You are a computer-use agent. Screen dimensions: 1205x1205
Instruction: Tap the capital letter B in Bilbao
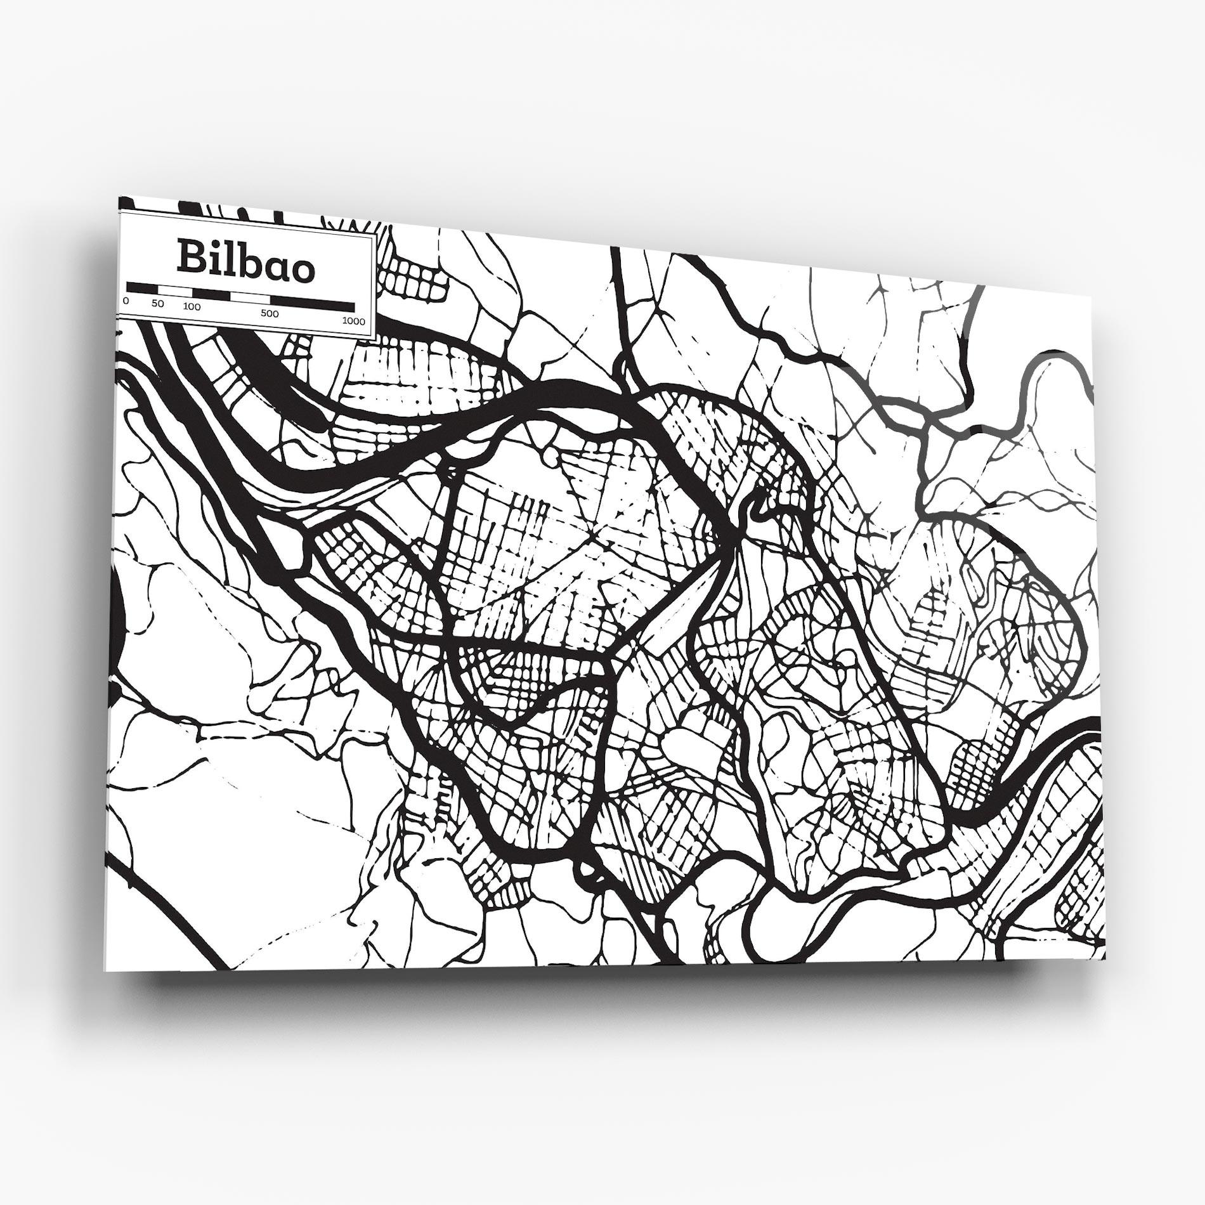(x=190, y=256)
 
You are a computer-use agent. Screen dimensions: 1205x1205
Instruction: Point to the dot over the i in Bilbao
(x=214, y=244)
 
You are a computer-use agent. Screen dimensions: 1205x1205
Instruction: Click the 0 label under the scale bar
(x=126, y=300)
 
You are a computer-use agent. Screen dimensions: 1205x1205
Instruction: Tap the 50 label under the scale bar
(x=157, y=304)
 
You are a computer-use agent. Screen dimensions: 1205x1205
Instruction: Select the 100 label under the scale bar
(x=192, y=307)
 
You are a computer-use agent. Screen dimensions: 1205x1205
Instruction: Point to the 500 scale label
(x=270, y=313)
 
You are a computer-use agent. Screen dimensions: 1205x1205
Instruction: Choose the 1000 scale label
(x=353, y=321)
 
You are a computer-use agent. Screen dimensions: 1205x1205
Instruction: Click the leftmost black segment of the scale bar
(x=141, y=288)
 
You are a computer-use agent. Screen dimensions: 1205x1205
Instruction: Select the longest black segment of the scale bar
(x=312, y=303)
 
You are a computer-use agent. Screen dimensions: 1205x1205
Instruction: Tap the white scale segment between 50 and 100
(x=174, y=290)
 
